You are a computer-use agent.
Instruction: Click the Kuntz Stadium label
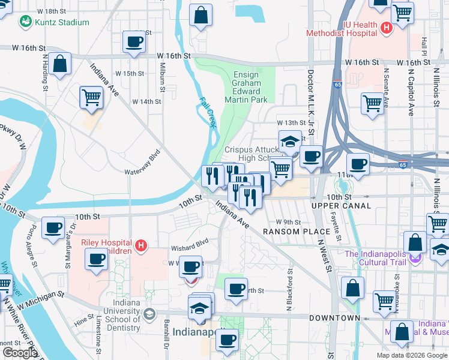click(62, 23)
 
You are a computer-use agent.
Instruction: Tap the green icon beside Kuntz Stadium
click(26, 22)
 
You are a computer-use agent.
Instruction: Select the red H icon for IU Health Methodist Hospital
click(387, 27)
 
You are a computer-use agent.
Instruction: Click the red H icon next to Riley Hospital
click(141, 245)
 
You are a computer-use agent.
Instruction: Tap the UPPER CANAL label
click(341, 206)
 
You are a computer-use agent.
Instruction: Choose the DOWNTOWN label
click(335, 318)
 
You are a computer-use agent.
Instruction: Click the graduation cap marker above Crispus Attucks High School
click(290, 142)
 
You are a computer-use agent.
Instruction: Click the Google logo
click(19, 353)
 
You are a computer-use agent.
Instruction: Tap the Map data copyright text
click(411, 355)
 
